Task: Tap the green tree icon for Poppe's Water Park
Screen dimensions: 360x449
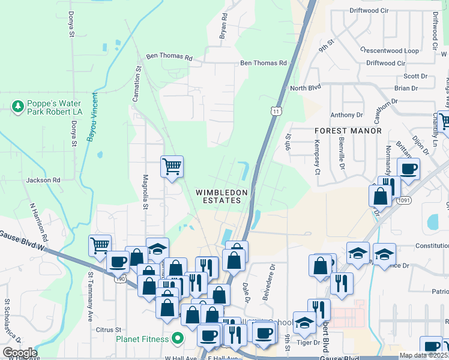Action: [17, 107]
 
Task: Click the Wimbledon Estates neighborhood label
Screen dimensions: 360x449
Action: [221, 196]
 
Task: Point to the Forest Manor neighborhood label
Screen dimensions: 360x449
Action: [348, 130]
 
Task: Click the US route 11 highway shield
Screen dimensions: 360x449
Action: [276, 111]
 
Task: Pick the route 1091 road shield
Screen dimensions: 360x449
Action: [403, 202]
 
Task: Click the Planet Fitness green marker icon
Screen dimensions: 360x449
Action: [177, 338]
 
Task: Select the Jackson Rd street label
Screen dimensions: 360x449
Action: [43, 179]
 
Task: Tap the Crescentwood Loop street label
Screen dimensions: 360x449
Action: [390, 50]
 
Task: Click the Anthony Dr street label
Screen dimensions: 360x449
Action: [347, 115]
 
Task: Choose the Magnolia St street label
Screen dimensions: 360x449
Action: [145, 191]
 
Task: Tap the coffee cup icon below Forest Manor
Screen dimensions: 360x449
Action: [408, 169]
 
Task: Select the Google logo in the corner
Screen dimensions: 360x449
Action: [20, 353]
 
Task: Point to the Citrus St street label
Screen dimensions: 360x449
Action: [108, 329]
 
